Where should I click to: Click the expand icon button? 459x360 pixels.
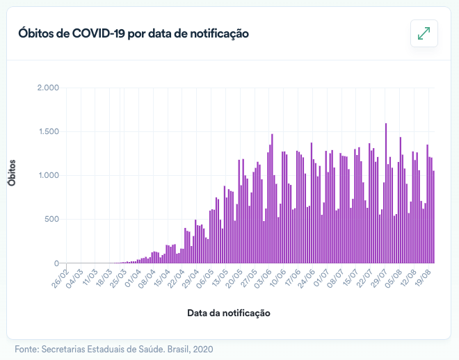pos(424,33)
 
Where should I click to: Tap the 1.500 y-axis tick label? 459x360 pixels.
pos(48,131)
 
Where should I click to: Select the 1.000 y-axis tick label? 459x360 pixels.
pos(48,175)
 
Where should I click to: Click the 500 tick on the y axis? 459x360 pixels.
pos(51,220)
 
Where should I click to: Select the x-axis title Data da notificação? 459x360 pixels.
pos(228,313)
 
